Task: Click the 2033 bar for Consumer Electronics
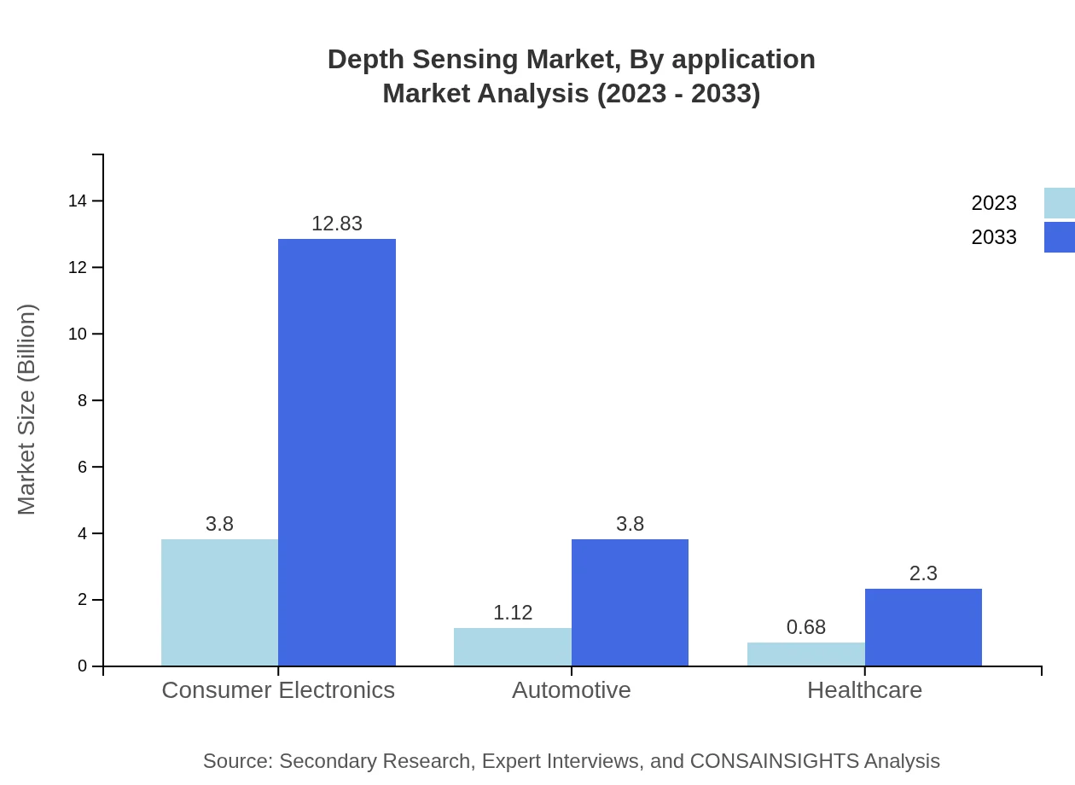coord(337,452)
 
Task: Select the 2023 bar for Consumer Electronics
coord(219,602)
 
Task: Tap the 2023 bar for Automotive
coord(512,647)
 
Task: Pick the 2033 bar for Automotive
coord(630,602)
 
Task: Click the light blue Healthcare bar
coord(805,654)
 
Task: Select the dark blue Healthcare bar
coord(923,627)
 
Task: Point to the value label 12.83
coord(337,224)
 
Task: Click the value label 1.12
coord(513,613)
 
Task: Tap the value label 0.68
coord(806,627)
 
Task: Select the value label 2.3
coord(923,574)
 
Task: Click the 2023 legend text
coord(994,203)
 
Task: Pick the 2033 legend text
coord(994,237)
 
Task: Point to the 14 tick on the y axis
coord(78,201)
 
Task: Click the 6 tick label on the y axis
coord(83,467)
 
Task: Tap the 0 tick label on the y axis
coord(83,666)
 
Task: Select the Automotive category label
coord(571,689)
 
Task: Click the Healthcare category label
coord(864,689)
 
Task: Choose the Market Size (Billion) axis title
coord(27,410)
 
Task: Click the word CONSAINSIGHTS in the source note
coord(773,761)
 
